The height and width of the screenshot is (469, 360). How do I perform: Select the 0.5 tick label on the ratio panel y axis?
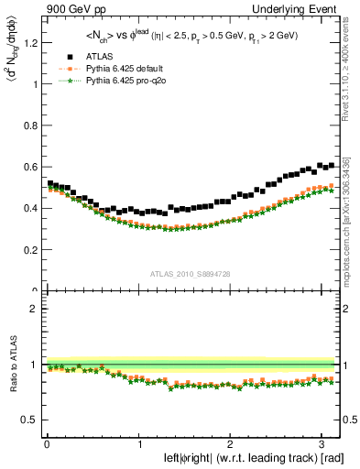pyautogui.click(x=29, y=420)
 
